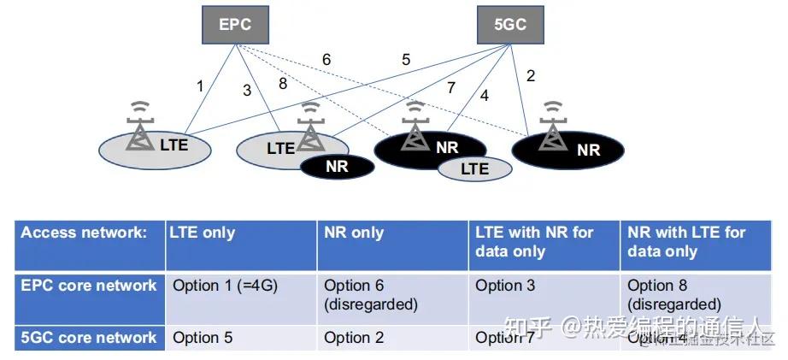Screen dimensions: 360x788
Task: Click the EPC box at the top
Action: (x=235, y=25)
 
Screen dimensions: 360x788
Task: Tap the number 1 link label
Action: (x=200, y=86)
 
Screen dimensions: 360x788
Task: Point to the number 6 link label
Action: (x=326, y=60)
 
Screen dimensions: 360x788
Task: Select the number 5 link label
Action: (x=406, y=59)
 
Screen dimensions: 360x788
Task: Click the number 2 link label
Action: (x=531, y=76)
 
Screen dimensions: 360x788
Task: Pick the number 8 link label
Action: (x=284, y=84)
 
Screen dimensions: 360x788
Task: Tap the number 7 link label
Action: (x=450, y=87)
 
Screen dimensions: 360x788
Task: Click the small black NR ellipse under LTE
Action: (x=337, y=166)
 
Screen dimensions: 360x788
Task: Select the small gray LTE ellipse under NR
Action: (x=474, y=168)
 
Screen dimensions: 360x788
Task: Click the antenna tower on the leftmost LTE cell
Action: (x=138, y=128)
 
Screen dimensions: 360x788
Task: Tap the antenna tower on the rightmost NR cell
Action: (x=555, y=127)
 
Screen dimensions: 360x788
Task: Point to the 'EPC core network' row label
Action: (x=89, y=286)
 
